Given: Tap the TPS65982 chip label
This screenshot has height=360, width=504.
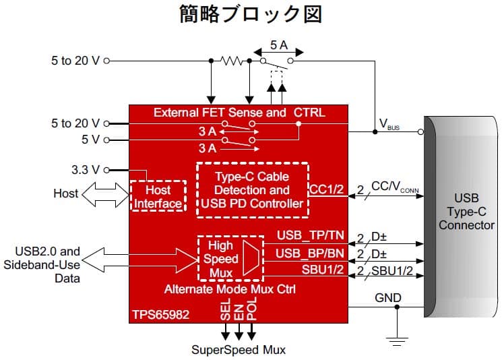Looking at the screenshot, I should [161, 313].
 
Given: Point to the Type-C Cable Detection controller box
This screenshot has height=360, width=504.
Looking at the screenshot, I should [252, 189].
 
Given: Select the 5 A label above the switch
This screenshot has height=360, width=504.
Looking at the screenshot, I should [279, 44].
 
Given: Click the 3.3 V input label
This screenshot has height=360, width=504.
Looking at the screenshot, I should [85, 170].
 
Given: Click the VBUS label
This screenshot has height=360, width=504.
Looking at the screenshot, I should [389, 125].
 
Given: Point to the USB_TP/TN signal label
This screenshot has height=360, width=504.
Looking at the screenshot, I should [311, 235].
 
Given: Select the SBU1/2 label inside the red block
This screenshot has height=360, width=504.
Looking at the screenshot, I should [323, 270].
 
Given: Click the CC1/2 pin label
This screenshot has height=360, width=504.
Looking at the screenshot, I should [327, 190].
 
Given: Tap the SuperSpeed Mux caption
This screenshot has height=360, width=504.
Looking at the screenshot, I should [239, 349].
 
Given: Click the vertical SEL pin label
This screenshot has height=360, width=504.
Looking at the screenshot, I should [225, 311].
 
